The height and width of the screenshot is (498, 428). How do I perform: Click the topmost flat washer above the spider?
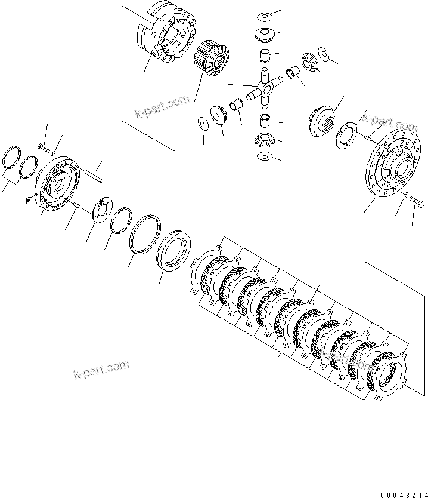pos(264,16)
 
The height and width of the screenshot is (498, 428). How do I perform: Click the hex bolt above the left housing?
pos(42,146)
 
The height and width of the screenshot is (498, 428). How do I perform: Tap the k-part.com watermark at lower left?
pos(101,369)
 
